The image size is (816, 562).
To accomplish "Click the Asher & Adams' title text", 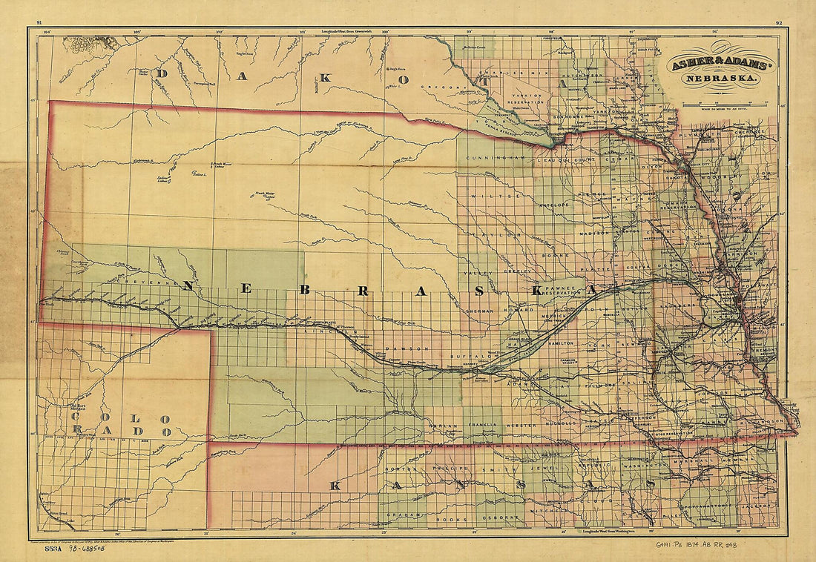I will click(722, 65).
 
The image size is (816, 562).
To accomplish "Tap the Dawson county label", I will click(395, 348).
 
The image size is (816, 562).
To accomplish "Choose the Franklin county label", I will click(483, 427).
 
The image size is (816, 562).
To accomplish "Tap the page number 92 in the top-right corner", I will click(779, 23).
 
